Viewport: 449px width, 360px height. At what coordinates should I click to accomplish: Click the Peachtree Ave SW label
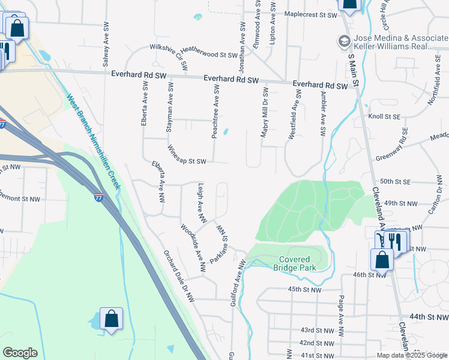(215, 112)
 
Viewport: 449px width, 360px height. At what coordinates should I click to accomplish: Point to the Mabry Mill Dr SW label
(264, 112)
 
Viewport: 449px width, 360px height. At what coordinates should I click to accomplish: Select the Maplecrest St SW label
(312, 14)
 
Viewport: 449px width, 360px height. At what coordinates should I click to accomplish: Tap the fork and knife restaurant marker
(394, 241)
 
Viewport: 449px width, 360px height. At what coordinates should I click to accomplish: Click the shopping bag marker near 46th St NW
(382, 260)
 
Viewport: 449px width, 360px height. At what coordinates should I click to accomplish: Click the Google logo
(20, 353)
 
